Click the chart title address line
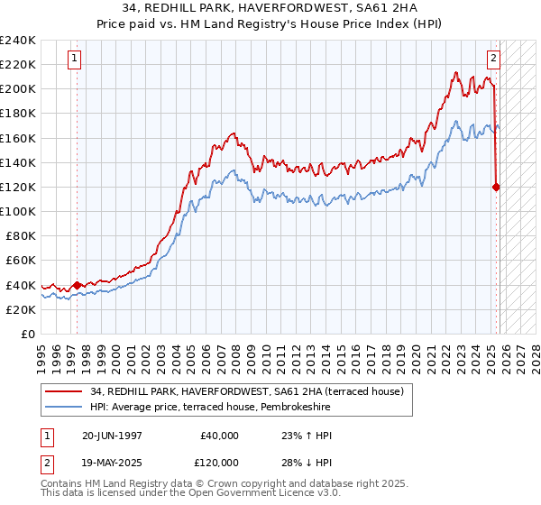click(270, 8)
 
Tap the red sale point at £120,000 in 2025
click(497, 188)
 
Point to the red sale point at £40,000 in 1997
click(78, 285)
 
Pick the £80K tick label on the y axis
click(21, 236)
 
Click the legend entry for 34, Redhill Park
click(252, 390)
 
